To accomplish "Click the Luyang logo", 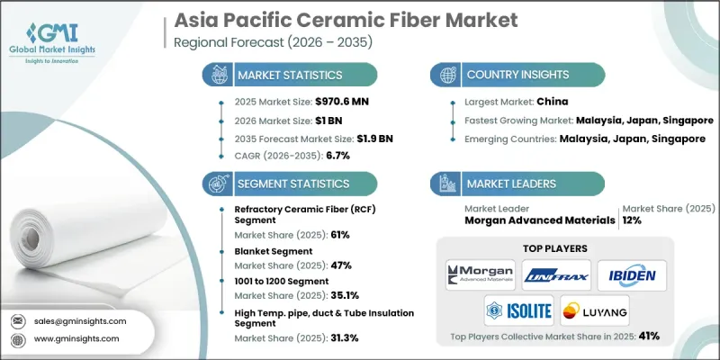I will pos(593,311).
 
